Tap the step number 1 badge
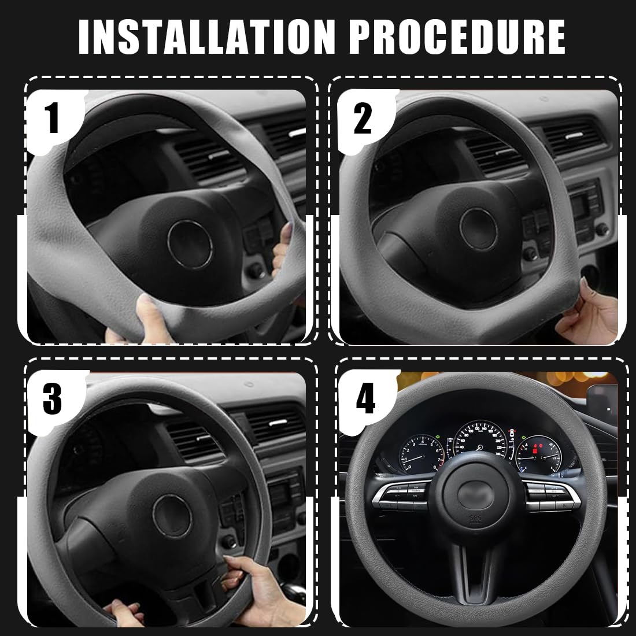click(53, 116)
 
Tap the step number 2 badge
click(363, 116)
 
